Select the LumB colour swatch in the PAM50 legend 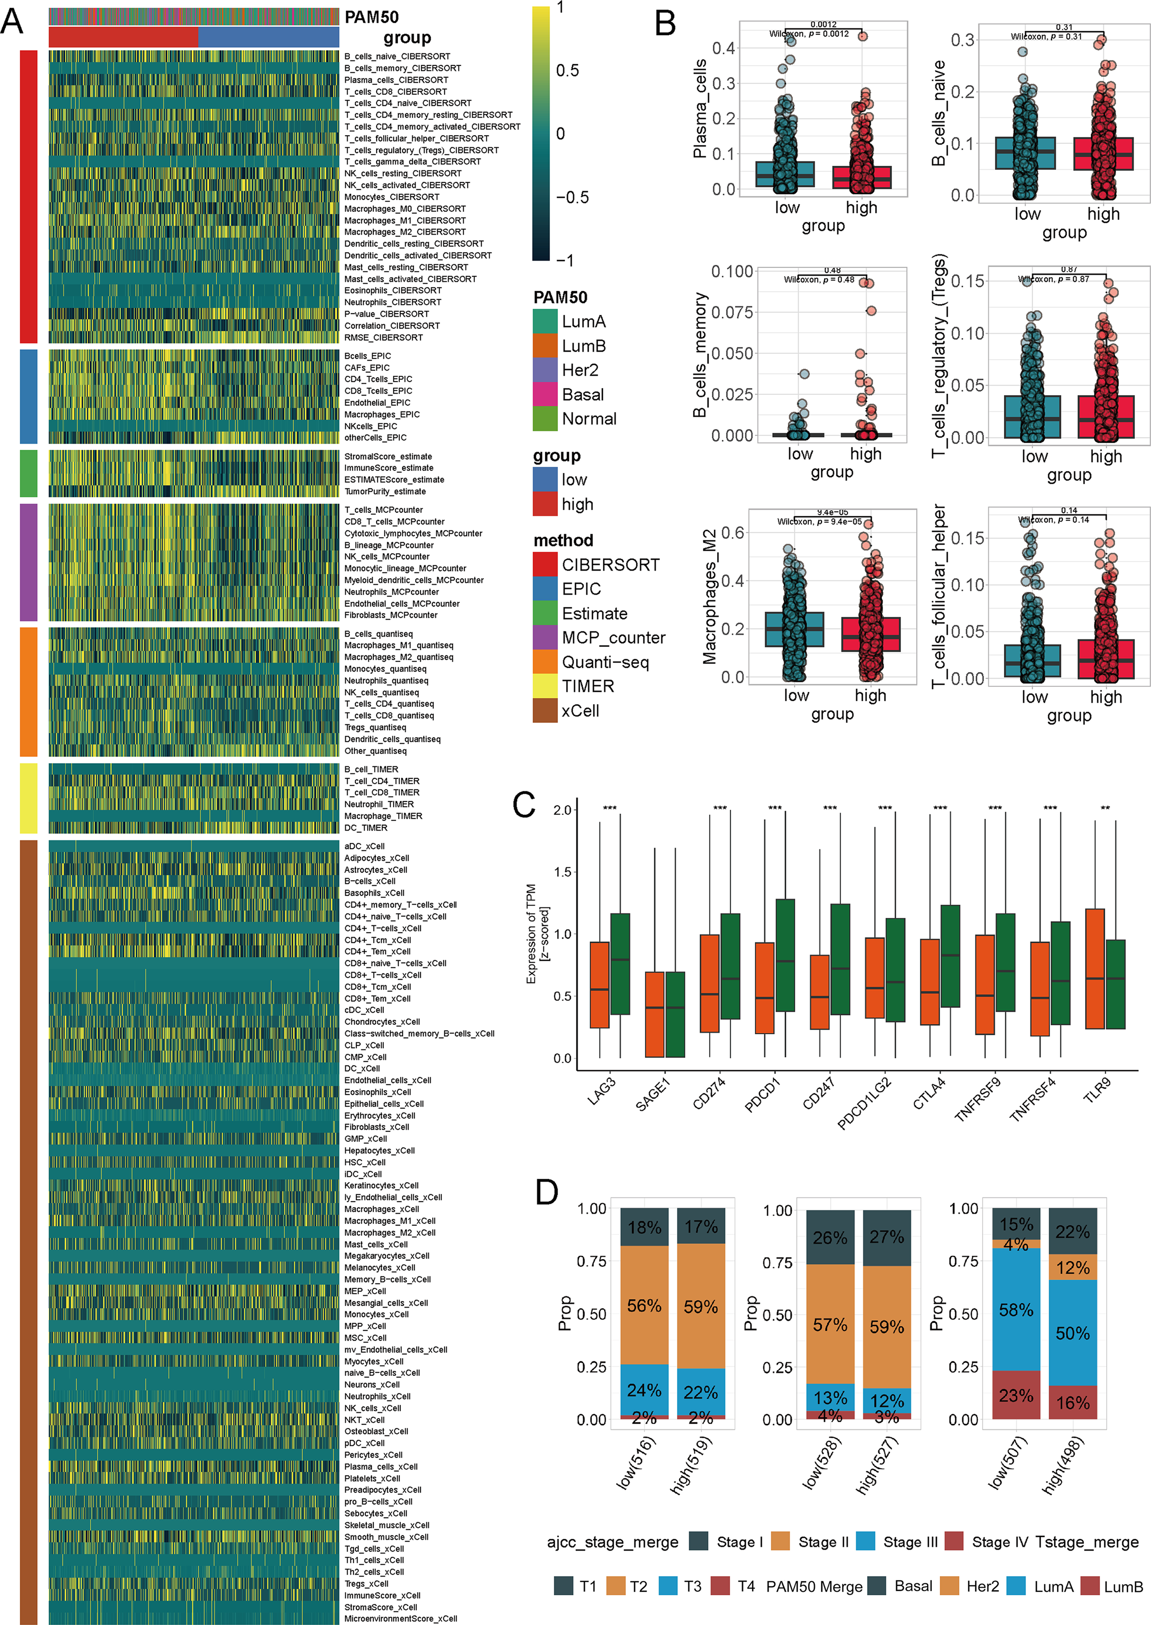click(545, 346)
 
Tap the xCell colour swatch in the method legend click(545, 711)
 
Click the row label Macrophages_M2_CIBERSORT click(405, 232)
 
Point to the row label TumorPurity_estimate click(385, 491)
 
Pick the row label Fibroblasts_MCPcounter click(390, 615)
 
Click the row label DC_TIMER click(366, 828)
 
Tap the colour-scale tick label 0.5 click(567, 71)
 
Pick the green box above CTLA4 click(950, 955)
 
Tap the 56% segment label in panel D click(644, 1305)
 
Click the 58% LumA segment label click(1016, 1310)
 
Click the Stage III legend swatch click(865, 1541)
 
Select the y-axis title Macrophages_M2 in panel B click(709, 598)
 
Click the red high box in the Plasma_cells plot click(862, 177)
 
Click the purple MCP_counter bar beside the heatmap click(28, 562)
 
